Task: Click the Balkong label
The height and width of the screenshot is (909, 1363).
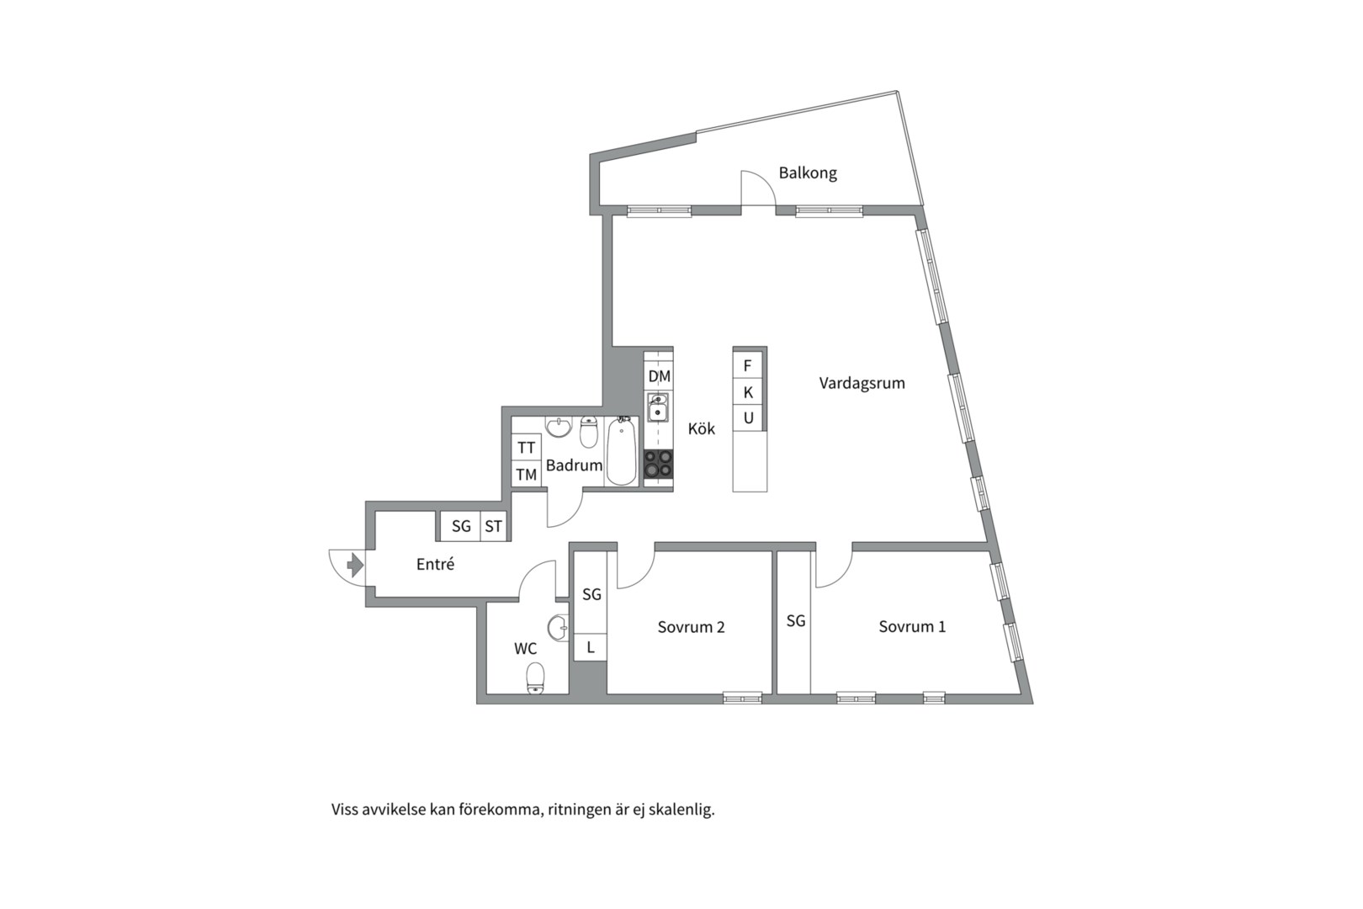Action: (x=808, y=173)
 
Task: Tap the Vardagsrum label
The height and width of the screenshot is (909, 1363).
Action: (x=862, y=383)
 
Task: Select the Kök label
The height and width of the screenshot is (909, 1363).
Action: (x=702, y=428)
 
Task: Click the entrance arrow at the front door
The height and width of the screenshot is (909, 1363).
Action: (x=355, y=565)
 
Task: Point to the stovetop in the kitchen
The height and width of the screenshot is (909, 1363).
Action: (x=659, y=464)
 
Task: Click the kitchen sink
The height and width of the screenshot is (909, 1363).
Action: (x=658, y=407)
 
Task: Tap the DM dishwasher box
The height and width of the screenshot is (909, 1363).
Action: (x=659, y=376)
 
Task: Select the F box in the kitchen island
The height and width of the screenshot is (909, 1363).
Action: (x=748, y=365)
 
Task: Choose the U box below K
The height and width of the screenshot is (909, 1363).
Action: (x=748, y=417)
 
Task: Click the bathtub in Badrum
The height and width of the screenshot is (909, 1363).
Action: (x=621, y=451)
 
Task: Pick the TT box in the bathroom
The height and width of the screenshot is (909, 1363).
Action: (x=527, y=448)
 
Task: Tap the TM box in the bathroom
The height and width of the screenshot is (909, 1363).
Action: (x=527, y=475)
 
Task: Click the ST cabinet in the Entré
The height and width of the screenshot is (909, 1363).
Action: (x=493, y=526)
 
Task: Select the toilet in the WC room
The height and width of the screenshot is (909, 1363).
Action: (x=535, y=678)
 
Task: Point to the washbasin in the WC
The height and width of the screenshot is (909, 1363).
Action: (x=559, y=628)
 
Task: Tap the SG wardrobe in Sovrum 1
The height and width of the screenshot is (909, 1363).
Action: (x=795, y=622)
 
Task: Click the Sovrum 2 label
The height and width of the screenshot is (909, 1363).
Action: (x=692, y=627)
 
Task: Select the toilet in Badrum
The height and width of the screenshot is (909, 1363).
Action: (x=588, y=432)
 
